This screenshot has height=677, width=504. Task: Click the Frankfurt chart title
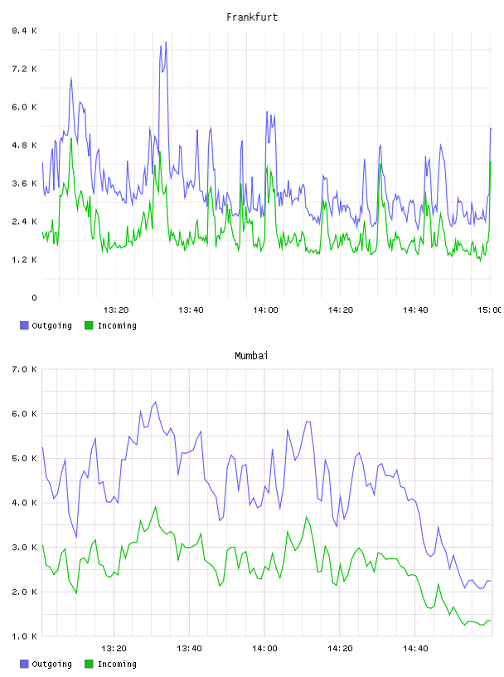tap(252, 17)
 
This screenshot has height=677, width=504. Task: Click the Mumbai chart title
tap(251, 356)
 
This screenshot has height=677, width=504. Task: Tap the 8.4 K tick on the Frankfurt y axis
tap(25, 31)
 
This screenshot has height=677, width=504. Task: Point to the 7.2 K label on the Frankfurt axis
tap(25, 69)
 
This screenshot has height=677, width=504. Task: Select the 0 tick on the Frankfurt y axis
tap(34, 298)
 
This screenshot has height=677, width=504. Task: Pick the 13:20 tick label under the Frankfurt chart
tap(116, 309)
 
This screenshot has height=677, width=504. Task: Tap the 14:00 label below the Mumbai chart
tap(264, 648)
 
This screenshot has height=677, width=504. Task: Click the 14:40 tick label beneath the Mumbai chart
tap(415, 648)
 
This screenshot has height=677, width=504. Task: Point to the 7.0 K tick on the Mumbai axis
tap(25, 369)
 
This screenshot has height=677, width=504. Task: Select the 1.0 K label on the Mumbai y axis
tap(25, 636)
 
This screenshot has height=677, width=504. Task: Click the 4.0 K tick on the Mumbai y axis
tap(25, 503)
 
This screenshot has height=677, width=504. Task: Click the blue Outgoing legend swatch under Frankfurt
tap(24, 325)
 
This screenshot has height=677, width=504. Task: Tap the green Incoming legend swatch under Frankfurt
tap(89, 325)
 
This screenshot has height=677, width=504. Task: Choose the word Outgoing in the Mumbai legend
tap(51, 665)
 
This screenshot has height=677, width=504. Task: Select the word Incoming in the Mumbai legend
tap(117, 665)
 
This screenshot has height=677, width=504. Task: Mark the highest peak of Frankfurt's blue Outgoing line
tap(166, 41)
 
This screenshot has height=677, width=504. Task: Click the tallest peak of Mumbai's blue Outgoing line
tap(155, 402)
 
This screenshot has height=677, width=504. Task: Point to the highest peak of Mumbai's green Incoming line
tap(155, 506)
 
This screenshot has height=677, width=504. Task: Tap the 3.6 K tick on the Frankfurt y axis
tap(25, 183)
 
